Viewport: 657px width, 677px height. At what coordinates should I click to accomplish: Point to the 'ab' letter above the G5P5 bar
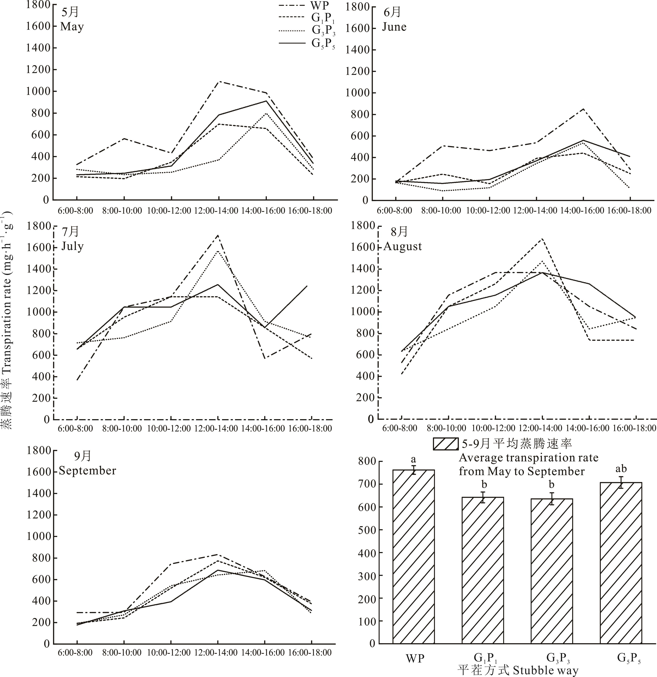[621, 469]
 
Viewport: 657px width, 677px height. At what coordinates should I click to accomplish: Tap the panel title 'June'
[394, 27]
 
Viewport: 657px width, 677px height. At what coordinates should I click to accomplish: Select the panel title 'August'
[402, 246]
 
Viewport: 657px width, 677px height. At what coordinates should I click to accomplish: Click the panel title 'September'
[87, 470]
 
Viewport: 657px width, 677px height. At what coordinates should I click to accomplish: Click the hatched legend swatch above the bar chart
[445, 444]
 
